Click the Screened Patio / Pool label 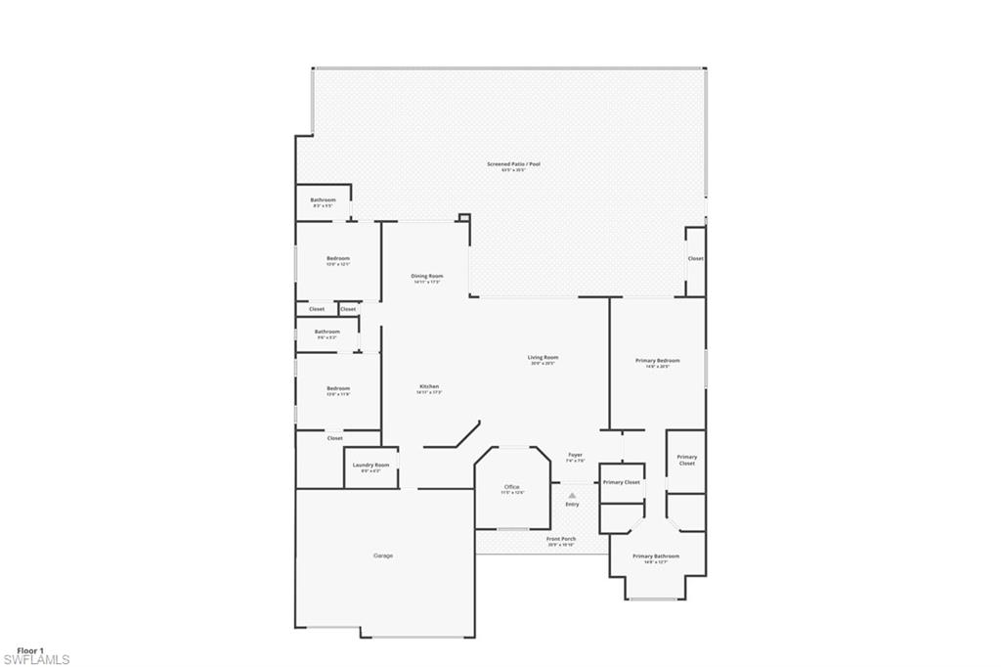pyautogui.click(x=513, y=164)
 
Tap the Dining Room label pyautogui.click(x=427, y=277)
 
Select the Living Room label pyautogui.click(x=543, y=358)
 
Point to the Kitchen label pyautogui.click(x=429, y=387)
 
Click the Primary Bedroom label pyautogui.click(x=657, y=361)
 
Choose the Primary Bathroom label pyautogui.click(x=655, y=556)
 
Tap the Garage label pyautogui.click(x=383, y=556)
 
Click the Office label pyautogui.click(x=512, y=487)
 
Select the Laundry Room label pyautogui.click(x=370, y=465)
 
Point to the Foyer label pyautogui.click(x=576, y=455)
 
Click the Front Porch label pyautogui.click(x=561, y=539)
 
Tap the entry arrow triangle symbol pyautogui.click(x=572, y=495)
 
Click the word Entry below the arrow pyautogui.click(x=572, y=505)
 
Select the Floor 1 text pyautogui.click(x=30, y=649)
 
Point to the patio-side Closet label pyautogui.click(x=695, y=258)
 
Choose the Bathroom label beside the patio pyautogui.click(x=323, y=200)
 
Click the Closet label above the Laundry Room pyautogui.click(x=335, y=438)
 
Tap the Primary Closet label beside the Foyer pyautogui.click(x=622, y=482)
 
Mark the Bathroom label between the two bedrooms pyautogui.click(x=327, y=332)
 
